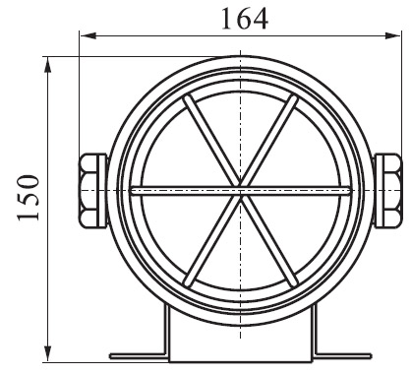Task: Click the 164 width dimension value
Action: pos(245,19)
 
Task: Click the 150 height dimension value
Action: pos(29,198)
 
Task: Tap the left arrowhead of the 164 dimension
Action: pos(88,35)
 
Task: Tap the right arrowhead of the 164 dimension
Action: pos(392,35)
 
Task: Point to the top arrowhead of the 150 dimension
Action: pos(48,65)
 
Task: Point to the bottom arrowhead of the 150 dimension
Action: pos(48,354)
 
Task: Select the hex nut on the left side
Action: pos(88,190)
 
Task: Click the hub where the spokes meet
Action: pos(241,191)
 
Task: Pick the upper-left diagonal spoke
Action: pos(211,141)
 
